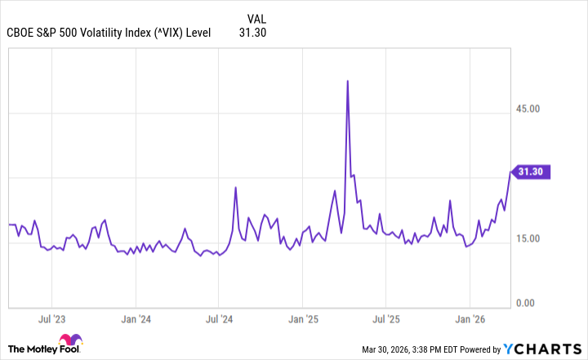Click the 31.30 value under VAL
253,33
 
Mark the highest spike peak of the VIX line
348,81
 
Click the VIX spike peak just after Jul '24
236,187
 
